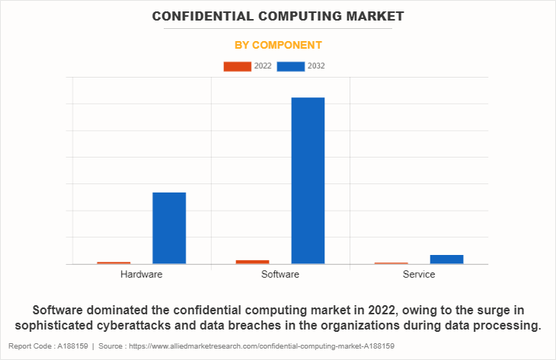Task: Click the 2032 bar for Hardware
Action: (x=169, y=228)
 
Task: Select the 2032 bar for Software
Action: (x=308, y=180)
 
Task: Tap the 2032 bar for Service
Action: (x=446, y=260)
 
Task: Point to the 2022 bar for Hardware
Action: (x=113, y=263)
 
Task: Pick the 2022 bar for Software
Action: (x=252, y=262)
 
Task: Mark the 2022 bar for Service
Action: (x=391, y=263)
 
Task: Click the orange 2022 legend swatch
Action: (x=237, y=66)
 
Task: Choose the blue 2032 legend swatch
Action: (x=291, y=66)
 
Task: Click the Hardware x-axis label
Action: (x=141, y=274)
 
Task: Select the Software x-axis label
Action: (x=280, y=274)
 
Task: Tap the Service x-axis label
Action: (x=419, y=274)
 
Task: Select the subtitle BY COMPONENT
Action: (x=278, y=45)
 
